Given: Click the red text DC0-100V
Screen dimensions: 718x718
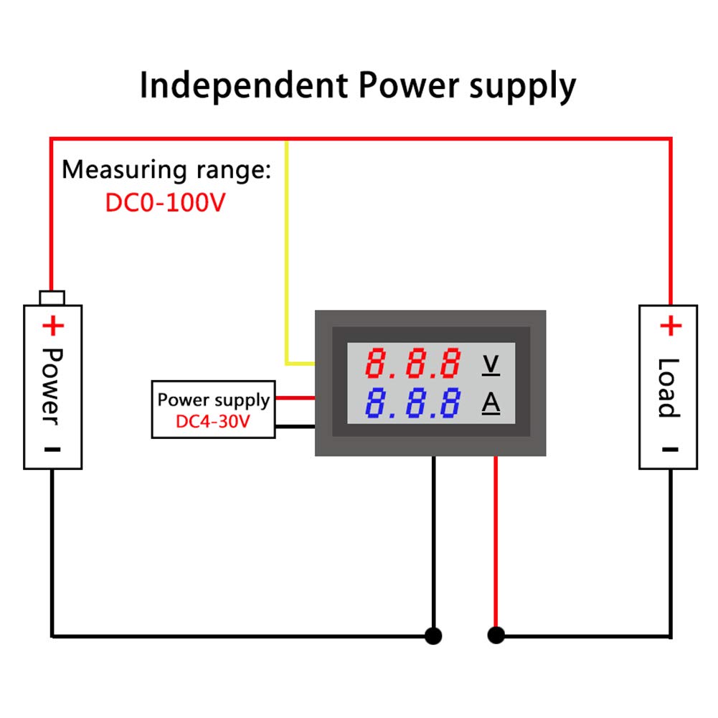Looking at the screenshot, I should (x=166, y=203).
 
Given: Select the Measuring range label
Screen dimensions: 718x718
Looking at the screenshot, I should (x=166, y=170).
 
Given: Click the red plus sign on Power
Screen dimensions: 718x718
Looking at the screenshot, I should (x=52, y=327).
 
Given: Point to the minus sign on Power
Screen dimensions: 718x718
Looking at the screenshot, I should (x=52, y=450).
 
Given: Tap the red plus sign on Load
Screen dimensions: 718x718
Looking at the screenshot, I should (x=669, y=327).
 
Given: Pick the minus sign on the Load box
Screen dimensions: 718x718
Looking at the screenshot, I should (x=669, y=450).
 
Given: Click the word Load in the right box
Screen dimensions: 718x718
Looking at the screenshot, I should (x=669, y=387).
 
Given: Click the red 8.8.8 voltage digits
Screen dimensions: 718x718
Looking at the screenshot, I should (x=412, y=364).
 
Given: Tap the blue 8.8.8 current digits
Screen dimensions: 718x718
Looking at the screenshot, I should (x=412, y=404).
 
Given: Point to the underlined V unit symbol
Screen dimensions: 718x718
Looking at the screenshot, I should (x=491, y=364).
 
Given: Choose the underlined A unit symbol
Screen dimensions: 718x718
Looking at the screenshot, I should (x=491, y=405).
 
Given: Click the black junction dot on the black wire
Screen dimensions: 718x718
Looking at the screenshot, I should (x=433, y=636).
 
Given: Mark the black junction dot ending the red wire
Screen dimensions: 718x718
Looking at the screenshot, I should (x=496, y=636).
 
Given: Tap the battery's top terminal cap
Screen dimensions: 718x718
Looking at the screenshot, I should (x=52, y=297).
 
